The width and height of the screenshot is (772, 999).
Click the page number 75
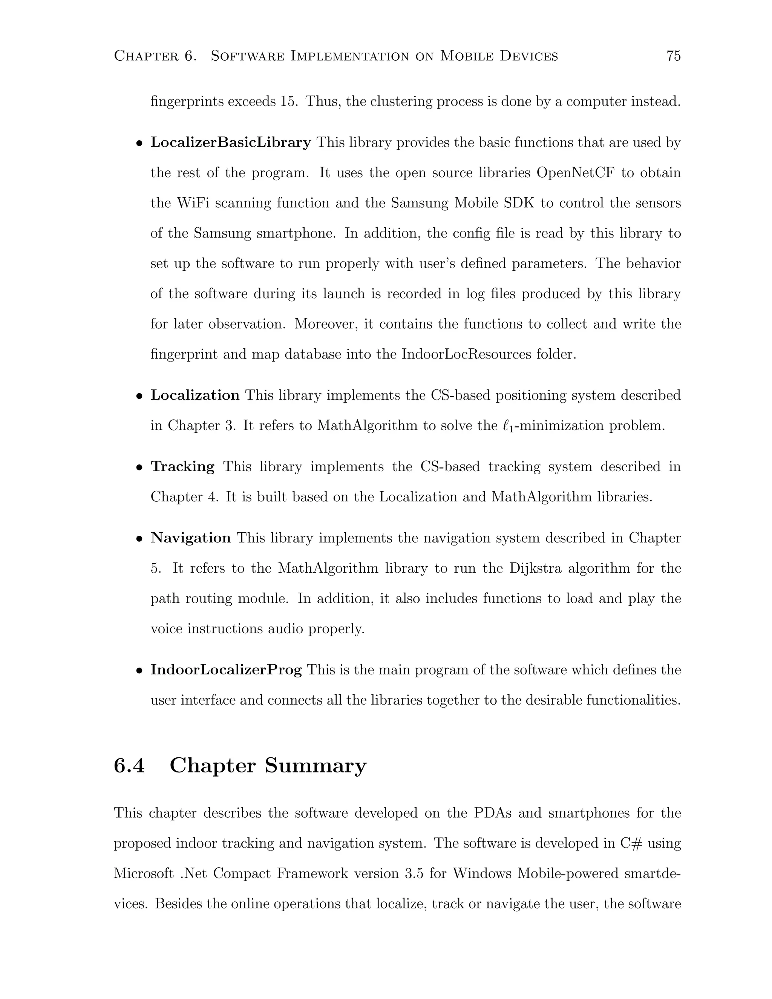(673, 56)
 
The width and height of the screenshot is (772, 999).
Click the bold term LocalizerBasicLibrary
(230, 143)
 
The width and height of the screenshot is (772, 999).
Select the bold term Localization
(195, 395)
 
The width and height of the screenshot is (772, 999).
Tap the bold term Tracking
(182, 467)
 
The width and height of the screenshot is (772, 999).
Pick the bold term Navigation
(191, 538)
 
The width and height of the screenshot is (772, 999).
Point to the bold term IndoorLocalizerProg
(226, 670)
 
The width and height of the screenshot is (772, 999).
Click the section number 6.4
(129, 766)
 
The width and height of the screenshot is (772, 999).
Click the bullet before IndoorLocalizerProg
(139, 671)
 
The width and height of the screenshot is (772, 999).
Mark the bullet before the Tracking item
(139, 468)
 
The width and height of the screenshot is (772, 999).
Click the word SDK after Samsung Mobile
(519, 203)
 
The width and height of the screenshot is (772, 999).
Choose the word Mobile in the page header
(466, 56)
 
